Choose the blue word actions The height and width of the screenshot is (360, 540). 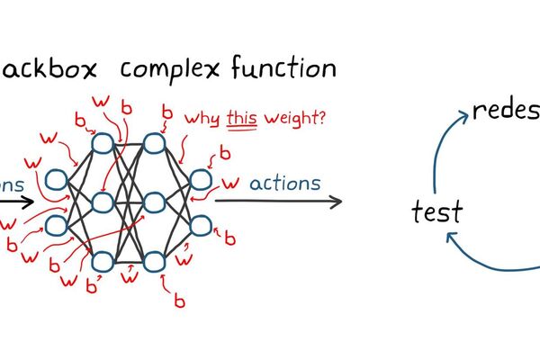tap(283, 184)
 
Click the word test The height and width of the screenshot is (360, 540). tap(436, 212)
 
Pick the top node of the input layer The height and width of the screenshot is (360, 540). tap(56, 181)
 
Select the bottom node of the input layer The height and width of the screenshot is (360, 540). tap(56, 224)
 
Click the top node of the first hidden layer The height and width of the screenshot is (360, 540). tap(101, 142)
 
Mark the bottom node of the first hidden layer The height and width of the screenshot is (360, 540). tap(102, 262)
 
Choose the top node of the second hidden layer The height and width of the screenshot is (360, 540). tap(154, 142)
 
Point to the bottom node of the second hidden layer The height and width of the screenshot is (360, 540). tap(154, 262)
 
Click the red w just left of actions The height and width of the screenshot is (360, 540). tap(229, 183)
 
